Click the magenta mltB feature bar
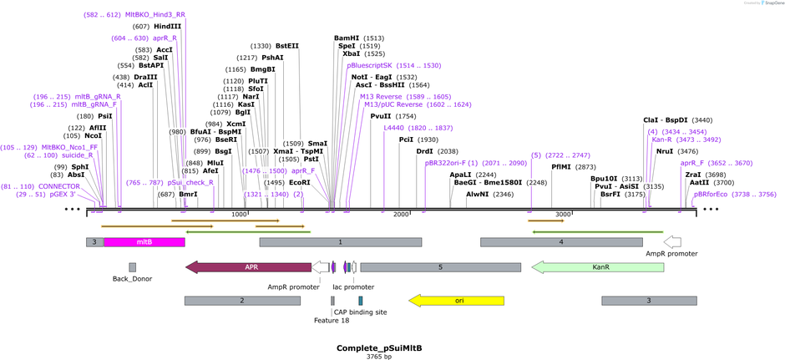point(144,241)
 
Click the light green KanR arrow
point(597,267)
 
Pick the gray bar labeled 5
point(439,267)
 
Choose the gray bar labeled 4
point(560,241)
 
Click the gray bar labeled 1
point(340,241)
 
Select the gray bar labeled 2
point(241,300)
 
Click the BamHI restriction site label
point(347,38)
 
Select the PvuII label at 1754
point(381,116)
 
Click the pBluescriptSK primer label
point(369,65)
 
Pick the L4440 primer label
point(392,128)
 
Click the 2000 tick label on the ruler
point(401,215)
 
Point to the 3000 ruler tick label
point(563,215)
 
